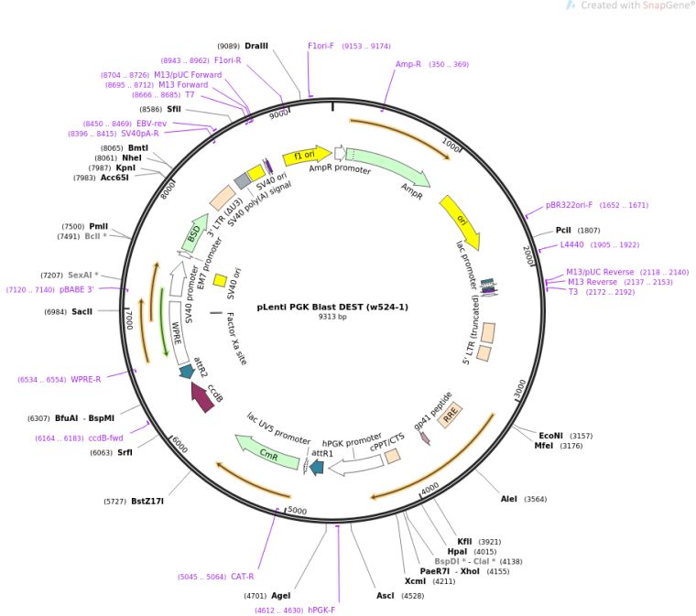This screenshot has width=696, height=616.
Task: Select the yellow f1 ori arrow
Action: [x=306, y=157]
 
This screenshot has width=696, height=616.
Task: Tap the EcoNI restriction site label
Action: [x=550, y=436]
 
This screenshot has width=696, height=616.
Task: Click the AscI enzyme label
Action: [x=386, y=596]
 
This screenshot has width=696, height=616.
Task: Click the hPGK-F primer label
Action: [x=321, y=610]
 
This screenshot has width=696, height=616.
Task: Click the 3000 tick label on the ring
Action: [x=521, y=389]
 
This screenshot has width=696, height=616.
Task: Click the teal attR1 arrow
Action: [x=317, y=467]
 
